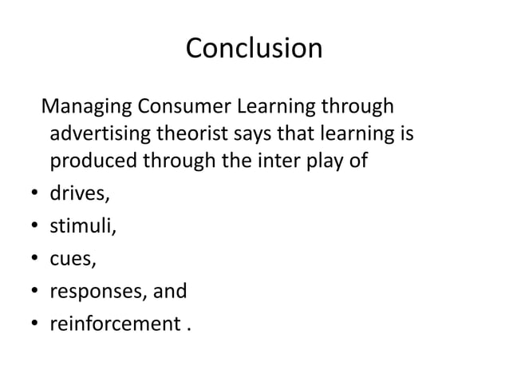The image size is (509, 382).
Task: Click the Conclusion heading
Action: tap(254, 49)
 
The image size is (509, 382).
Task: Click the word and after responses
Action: tap(171, 291)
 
